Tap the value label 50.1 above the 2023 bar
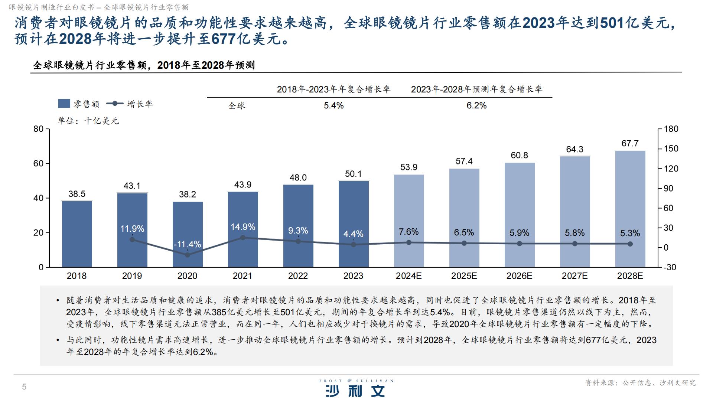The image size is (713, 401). tap(353, 174)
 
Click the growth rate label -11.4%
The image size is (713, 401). tap(187, 244)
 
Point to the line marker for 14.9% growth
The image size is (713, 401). tap(243, 237)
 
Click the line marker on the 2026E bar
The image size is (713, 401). tap(519, 244)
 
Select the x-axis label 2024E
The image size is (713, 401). tap(408, 276)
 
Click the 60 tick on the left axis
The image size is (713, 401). tap(39, 164)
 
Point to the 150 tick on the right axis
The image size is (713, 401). tap(671, 149)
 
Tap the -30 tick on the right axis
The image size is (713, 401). tap(670, 267)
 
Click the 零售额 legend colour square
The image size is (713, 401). tap(64, 104)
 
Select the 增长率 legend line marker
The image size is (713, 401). tap(115, 104)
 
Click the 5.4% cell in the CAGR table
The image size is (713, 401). tap(333, 105)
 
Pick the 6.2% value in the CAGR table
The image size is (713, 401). tap(476, 105)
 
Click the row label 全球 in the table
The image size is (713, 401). tap(237, 106)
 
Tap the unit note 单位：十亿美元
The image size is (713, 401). tap(88, 121)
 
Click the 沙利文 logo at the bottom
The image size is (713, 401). tap(355, 390)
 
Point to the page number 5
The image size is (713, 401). tap(24, 387)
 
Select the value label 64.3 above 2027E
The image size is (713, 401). tap(574, 149)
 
